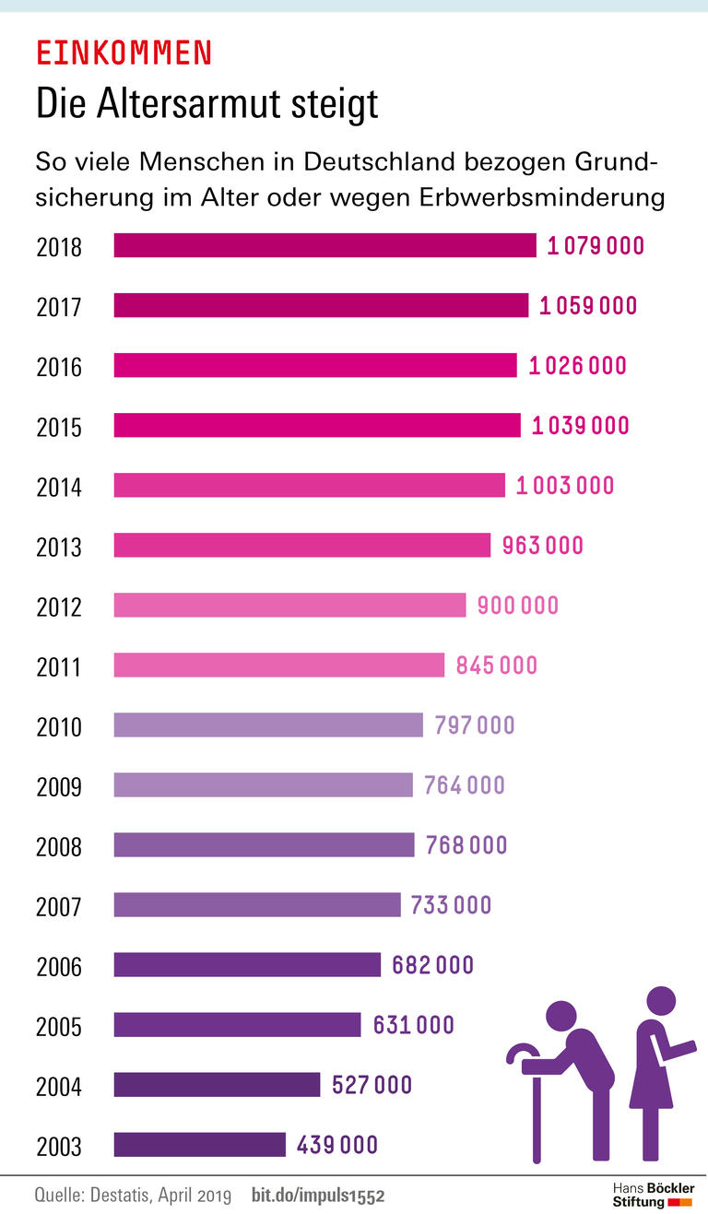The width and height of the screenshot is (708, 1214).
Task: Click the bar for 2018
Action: [x=324, y=245]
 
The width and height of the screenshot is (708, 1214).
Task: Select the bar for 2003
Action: [x=200, y=1144]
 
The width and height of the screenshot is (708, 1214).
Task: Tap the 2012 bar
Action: [x=289, y=605]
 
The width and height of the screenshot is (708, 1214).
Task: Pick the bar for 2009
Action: [x=263, y=784]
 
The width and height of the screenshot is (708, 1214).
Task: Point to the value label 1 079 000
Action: [x=595, y=246]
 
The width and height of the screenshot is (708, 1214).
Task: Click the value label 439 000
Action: [x=337, y=1145]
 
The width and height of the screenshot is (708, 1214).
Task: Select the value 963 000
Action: [x=542, y=546]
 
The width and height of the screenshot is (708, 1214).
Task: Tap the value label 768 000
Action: [x=466, y=845]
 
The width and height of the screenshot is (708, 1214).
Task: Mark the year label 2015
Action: [x=59, y=427]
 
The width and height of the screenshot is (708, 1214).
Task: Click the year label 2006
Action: [x=59, y=967]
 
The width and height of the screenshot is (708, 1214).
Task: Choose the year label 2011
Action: [x=59, y=666]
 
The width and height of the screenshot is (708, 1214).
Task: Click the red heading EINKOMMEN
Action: [x=124, y=53]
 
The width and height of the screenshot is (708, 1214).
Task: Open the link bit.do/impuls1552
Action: [x=317, y=1196]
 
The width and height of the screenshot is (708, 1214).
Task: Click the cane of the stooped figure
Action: [x=536, y=1106]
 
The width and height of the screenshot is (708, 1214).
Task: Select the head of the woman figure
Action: [x=661, y=1001]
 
